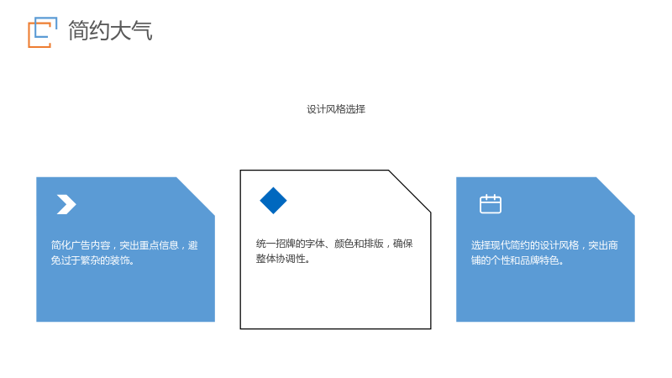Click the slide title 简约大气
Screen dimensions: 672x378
point(110,31)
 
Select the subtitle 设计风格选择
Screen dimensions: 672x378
point(336,109)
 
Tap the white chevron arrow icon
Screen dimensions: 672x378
point(66,204)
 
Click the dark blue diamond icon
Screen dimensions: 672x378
point(274,201)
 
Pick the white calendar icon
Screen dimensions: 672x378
point(491,204)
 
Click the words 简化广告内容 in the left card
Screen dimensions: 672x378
point(81,245)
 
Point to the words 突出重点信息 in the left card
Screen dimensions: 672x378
point(149,245)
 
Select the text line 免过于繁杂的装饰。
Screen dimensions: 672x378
point(92,260)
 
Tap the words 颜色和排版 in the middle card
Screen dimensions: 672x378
point(359,244)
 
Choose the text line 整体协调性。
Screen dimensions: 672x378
point(283,259)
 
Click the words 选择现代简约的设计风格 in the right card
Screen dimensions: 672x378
point(525,245)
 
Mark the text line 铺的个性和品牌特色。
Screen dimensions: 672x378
point(517,260)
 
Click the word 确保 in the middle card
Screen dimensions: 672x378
point(403,244)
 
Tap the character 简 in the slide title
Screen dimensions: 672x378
point(78,31)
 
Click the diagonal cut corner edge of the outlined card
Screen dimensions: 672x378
point(410,192)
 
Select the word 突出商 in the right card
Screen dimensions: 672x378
point(603,245)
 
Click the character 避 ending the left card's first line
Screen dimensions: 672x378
point(193,245)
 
